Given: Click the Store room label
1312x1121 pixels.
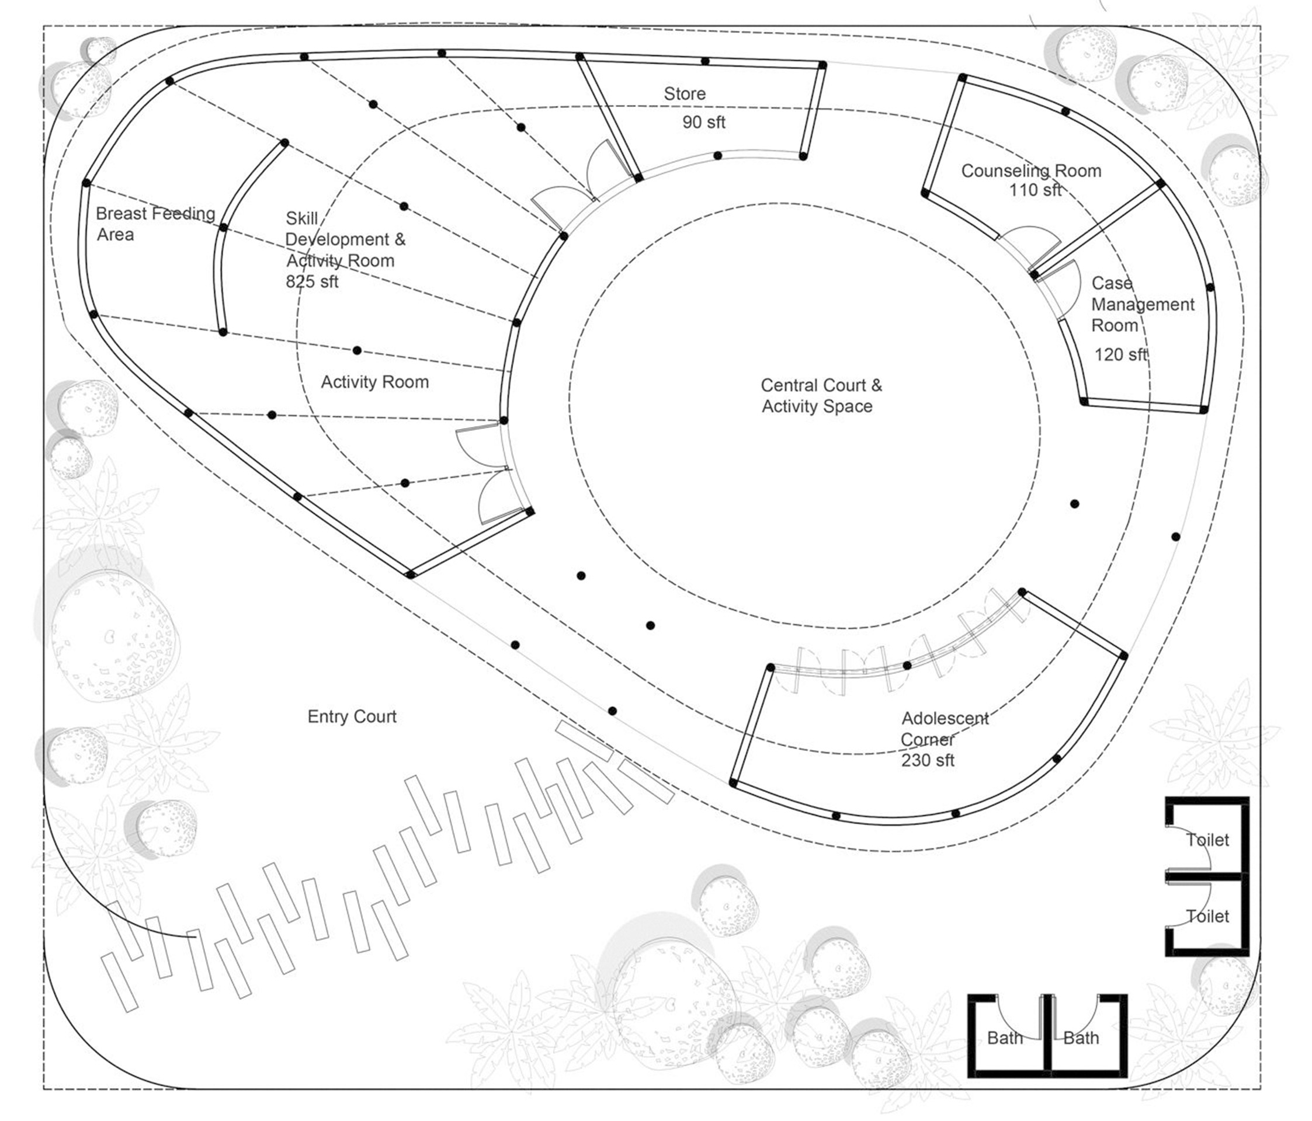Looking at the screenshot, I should point(684,93).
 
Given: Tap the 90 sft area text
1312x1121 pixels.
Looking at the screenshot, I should point(703,122).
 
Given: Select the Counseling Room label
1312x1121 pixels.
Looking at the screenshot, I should point(1031,170).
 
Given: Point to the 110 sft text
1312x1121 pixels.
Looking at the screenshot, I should point(1035,189).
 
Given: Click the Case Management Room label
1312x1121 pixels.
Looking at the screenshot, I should point(1141,304).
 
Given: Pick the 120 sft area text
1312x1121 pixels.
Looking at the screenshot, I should point(1121,354).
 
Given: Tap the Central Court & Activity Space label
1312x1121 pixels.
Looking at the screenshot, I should point(821,396).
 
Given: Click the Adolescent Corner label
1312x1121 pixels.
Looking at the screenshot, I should point(944,729).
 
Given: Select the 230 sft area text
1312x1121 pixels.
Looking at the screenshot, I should point(928,760).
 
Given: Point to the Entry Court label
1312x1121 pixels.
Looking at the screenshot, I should point(352,716).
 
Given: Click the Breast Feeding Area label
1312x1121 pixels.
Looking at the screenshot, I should point(155,224).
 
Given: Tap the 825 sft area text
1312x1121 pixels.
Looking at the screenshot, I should point(311,281).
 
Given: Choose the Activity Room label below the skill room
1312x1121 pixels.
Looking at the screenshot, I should point(374,382).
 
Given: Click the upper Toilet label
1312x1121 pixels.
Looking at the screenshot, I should point(1207,840).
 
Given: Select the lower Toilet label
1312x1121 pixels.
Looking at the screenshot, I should point(1207,916).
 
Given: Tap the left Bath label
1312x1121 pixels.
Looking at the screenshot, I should point(1005,1038).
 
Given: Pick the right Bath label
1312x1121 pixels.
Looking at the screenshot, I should point(1081,1038).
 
